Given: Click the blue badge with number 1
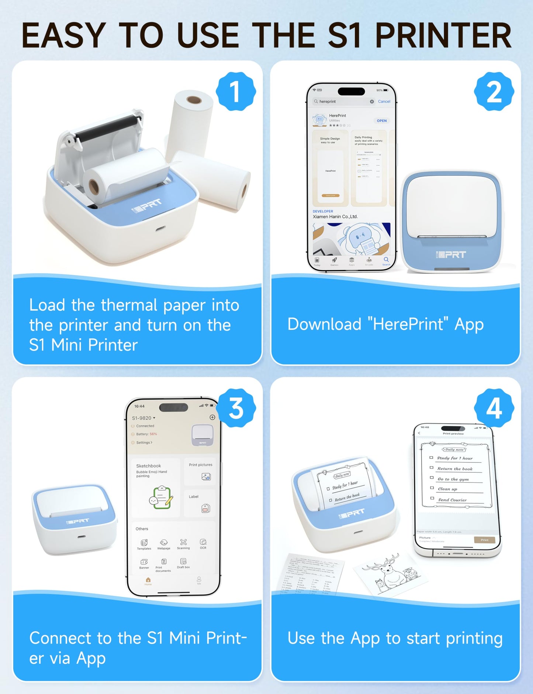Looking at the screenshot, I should pyautogui.click(x=235, y=92).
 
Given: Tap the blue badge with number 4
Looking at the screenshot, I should pyautogui.click(x=494, y=408).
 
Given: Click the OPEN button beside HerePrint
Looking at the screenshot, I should pyautogui.click(x=381, y=121).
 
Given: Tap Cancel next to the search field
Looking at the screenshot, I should pyautogui.click(x=384, y=101).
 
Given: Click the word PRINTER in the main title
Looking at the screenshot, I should pyautogui.click(x=443, y=36).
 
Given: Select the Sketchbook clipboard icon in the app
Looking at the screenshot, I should pyautogui.click(x=161, y=498).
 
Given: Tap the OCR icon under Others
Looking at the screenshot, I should pyautogui.click(x=203, y=542).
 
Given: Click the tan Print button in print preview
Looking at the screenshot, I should pyautogui.click(x=484, y=540).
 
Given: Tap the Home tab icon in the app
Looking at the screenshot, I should pyautogui.click(x=148, y=580).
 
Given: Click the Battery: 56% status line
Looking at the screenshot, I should pyautogui.click(x=146, y=434).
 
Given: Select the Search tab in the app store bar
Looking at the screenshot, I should pyautogui.click(x=386, y=260).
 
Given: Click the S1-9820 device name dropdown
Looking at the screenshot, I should pyautogui.click(x=143, y=418).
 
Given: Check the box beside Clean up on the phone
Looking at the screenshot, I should pyautogui.click(x=432, y=488).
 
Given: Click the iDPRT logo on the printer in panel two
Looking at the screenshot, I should pyautogui.click(x=450, y=254).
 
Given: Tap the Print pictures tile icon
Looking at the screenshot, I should pyautogui.click(x=206, y=476).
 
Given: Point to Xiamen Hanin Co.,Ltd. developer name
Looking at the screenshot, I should pyautogui.click(x=335, y=217).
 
